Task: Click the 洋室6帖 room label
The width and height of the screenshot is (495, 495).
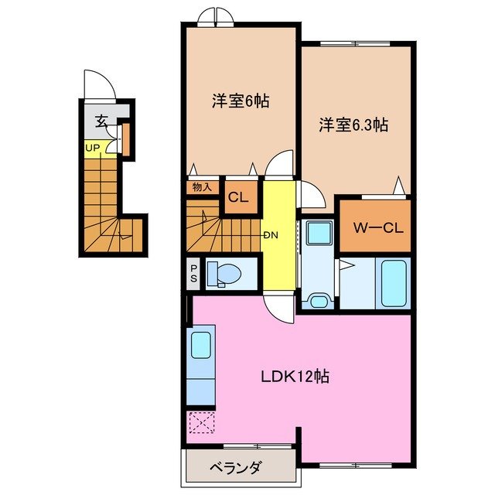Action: [x=241, y=101]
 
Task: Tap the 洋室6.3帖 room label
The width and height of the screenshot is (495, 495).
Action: [x=353, y=124]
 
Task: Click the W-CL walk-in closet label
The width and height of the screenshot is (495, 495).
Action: [x=374, y=227]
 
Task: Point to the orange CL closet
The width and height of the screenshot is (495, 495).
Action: [x=238, y=196]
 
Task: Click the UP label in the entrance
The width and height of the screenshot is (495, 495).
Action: [x=93, y=147]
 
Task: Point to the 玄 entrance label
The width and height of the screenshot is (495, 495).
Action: [x=101, y=121]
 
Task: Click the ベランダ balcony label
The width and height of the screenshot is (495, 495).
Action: [x=235, y=468]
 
